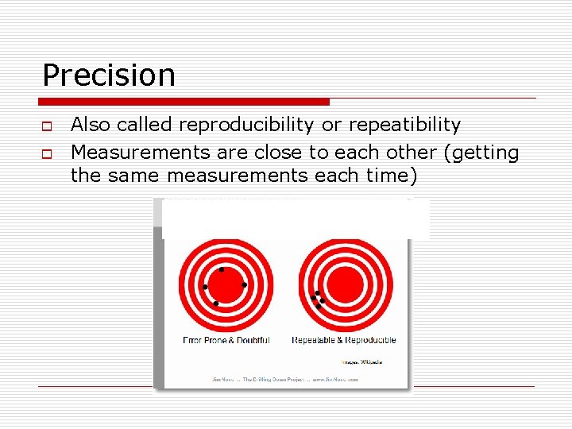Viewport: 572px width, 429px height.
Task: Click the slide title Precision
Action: (109, 75)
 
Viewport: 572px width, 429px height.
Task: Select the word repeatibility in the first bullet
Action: (404, 125)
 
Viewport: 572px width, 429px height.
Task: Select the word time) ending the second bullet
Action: (388, 175)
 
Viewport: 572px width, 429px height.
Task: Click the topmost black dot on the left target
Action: (222, 270)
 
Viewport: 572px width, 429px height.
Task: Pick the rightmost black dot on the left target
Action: (244, 284)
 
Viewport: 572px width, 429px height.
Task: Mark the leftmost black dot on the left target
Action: (205, 286)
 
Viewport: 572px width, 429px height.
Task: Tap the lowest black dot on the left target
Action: (216, 303)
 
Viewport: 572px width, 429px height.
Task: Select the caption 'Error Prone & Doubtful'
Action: (226, 340)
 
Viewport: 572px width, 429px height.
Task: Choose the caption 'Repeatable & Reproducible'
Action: (344, 340)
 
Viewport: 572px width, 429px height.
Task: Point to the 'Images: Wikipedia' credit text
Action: (361, 361)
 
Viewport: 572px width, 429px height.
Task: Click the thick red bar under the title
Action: (184, 102)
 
